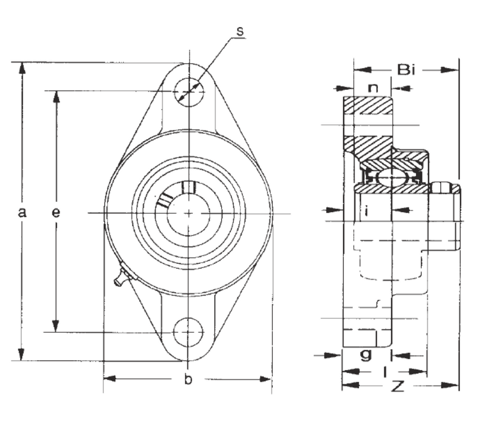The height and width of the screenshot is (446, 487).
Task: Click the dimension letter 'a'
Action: (x=22, y=213)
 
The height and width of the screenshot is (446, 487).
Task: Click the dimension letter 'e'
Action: (x=55, y=213)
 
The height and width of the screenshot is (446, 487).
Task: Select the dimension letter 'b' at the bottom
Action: (x=188, y=380)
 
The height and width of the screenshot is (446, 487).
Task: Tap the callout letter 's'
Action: (x=240, y=30)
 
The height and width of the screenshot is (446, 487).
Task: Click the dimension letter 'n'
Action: (x=373, y=88)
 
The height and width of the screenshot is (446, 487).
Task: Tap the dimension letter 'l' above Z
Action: (x=385, y=372)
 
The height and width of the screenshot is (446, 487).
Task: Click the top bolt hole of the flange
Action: (x=189, y=91)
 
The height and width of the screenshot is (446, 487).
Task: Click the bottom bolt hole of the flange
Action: (x=188, y=331)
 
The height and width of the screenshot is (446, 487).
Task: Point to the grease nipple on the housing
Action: (x=122, y=277)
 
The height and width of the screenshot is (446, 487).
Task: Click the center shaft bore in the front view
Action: (x=189, y=213)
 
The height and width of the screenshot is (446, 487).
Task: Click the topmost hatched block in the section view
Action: (x=367, y=106)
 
